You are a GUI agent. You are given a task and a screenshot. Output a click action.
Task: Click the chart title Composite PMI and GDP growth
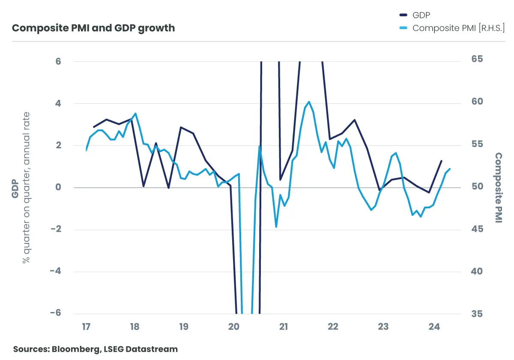(93, 28)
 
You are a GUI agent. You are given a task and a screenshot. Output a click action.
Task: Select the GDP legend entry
(421, 15)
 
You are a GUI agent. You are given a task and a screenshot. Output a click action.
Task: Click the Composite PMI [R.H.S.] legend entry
(458, 28)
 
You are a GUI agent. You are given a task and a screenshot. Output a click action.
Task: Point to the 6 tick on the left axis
(58, 62)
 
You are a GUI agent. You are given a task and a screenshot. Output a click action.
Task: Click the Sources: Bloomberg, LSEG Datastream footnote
(95, 349)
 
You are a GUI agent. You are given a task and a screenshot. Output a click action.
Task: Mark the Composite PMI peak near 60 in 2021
(309, 102)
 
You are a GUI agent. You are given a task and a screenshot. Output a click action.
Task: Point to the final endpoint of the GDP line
(442, 161)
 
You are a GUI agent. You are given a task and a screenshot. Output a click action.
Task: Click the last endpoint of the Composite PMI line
(450, 169)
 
